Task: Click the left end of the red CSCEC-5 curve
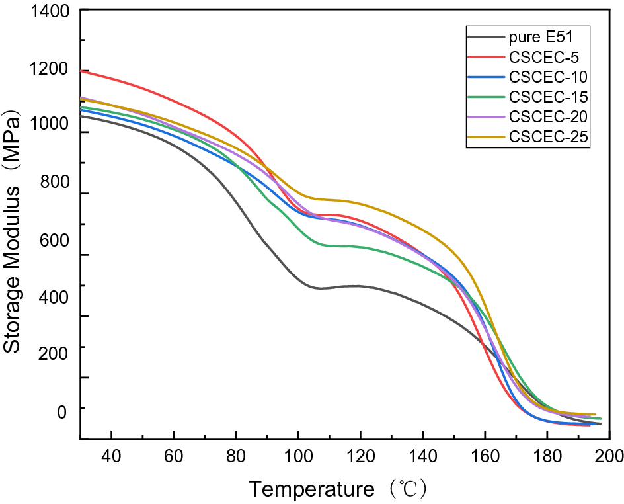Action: click(81, 71)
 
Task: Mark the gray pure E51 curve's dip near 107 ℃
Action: click(319, 288)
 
